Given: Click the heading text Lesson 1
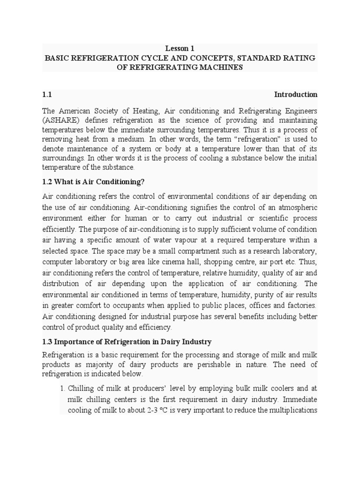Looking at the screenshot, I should (180, 48).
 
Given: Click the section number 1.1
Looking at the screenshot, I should (47, 94).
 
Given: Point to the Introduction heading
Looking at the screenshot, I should (295, 94).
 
